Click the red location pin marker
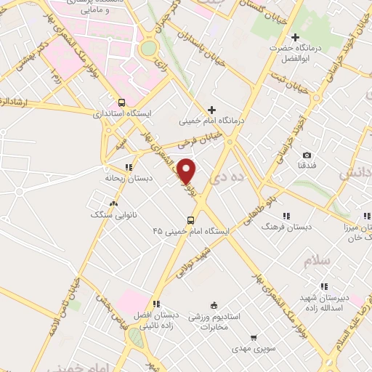coord(187,171)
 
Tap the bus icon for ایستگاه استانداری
coord(121,102)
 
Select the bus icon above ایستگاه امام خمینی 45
coord(190,220)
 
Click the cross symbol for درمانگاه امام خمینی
coord(211,109)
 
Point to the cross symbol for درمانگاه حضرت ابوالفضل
coord(295,37)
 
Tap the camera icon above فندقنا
coord(307,155)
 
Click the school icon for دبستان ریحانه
coord(129,166)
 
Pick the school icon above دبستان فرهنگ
coord(286,216)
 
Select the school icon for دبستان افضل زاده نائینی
coord(155,304)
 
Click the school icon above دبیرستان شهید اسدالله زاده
coord(324,286)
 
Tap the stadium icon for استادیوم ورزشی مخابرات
coord(213,306)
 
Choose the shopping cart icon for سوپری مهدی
coord(253,337)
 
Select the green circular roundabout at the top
coord(149,49)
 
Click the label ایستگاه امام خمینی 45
coord(191,231)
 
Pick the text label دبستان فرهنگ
coord(288,226)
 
